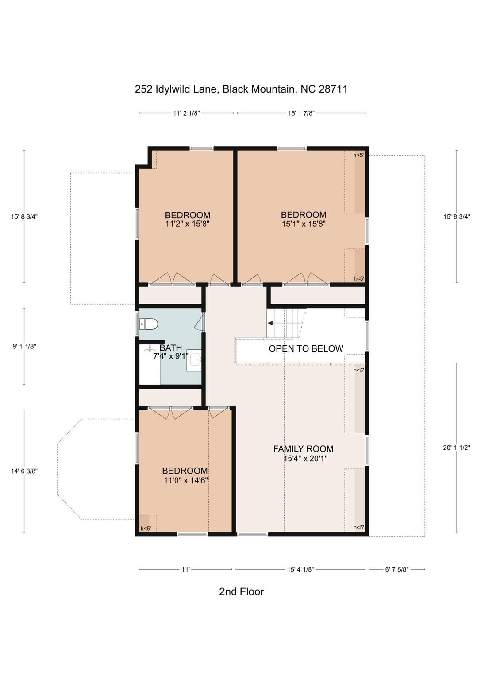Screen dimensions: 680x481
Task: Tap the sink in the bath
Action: tap(194, 360)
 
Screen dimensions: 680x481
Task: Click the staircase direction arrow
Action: tap(270, 323)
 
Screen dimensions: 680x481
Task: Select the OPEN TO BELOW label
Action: tap(306, 348)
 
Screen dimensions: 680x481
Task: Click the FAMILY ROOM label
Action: tap(303, 449)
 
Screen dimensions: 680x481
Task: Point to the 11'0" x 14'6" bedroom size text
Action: tap(185, 480)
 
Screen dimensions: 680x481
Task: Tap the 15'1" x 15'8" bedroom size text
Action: tap(304, 224)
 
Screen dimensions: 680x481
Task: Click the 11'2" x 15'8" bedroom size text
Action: tap(187, 224)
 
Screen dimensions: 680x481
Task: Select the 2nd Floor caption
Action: tap(241, 591)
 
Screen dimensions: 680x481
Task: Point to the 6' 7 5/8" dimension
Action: tap(396, 569)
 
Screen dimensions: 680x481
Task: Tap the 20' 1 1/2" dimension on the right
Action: tap(456, 448)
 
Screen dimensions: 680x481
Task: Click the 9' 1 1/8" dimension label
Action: tap(24, 347)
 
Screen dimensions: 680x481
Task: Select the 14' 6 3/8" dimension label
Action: tap(24, 471)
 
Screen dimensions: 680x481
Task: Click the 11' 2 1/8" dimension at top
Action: tap(186, 113)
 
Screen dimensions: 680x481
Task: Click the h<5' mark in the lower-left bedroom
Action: tap(146, 528)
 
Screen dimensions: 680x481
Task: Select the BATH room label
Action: tap(170, 348)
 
